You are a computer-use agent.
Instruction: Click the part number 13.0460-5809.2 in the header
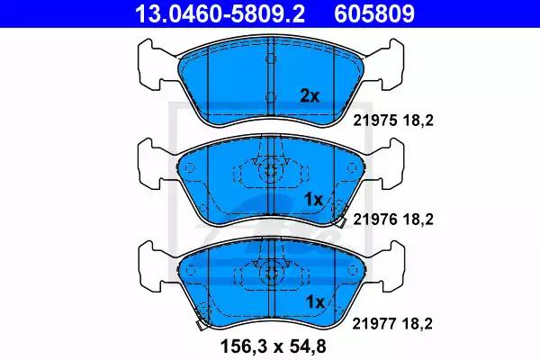click(x=220, y=13)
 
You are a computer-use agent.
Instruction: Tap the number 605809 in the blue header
click(x=374, y=13)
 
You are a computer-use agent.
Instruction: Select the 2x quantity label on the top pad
click(x=310, y=96)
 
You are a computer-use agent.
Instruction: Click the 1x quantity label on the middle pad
click(x=314, y=200)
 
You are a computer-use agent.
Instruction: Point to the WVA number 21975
click(x=375, y=121)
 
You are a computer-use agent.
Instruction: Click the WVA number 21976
click(x=375, y=219)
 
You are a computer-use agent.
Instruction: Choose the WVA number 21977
click(x=374, y=323)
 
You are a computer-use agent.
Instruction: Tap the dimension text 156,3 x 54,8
click(x=273, y=346)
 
